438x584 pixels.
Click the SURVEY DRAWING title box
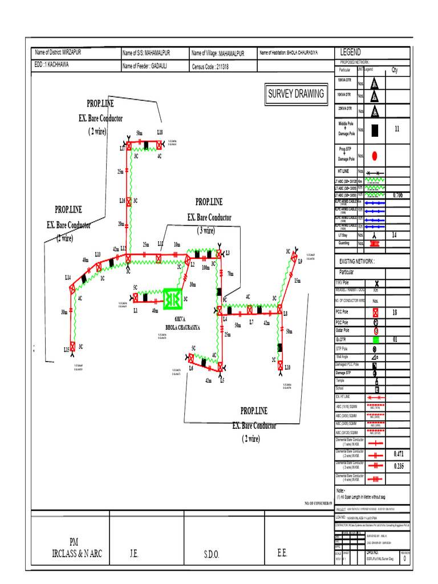point(296,94)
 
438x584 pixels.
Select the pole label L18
point(160,132)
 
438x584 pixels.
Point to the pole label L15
point(66,350)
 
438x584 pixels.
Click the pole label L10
point(287,368)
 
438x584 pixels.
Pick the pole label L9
point(300,261)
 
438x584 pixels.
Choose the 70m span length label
point(230,274)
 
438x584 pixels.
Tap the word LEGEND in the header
point(351,52)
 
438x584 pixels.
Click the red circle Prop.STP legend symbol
point(375,155)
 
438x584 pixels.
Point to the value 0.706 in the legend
point(398,195)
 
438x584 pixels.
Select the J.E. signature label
point(135,554)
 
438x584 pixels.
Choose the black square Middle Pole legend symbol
point(375,130)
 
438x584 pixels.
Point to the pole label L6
point(191,368)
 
